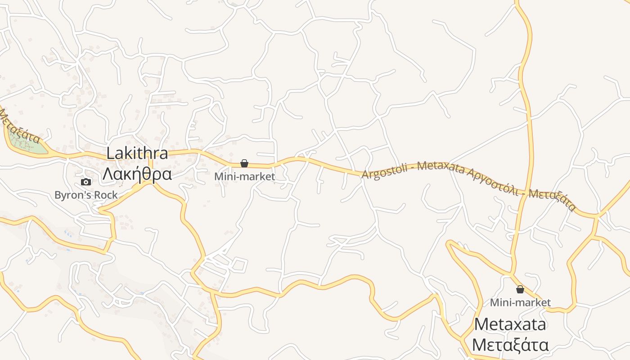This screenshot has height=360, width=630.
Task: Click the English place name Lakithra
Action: [137, 153]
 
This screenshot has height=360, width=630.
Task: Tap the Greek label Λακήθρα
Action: [137, 174]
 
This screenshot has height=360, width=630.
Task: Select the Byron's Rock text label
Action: [86, 195]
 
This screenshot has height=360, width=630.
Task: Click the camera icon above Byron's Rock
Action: [86, 182]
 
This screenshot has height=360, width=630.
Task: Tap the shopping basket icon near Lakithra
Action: [244, 163]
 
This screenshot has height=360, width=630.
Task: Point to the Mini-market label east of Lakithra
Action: [244, 176]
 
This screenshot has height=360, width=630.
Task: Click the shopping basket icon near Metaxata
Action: [520, 289]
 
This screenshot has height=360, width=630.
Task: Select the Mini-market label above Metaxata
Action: [520, 302]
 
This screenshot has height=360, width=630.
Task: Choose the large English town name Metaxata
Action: [510, 324]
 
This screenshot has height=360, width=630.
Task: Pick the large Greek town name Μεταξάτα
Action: [510, 345]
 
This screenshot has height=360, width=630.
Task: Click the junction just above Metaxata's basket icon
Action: [511, 274]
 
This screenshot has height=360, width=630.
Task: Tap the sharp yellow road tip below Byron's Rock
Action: [100, 210]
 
